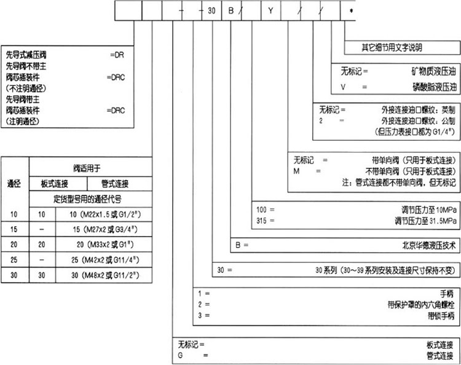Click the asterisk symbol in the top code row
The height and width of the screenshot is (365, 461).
pos(351,11)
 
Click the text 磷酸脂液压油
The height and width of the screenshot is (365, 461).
pos(431,87)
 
